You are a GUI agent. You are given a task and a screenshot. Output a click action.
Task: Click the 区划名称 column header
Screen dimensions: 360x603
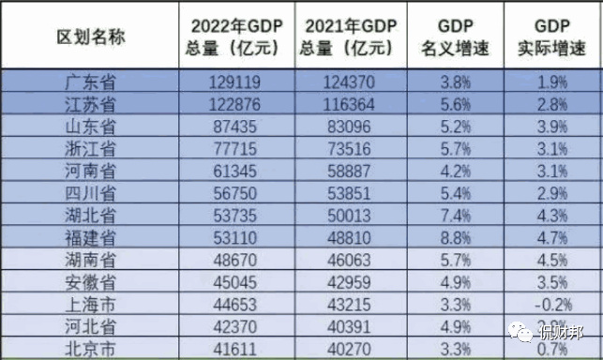[91, 36]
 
